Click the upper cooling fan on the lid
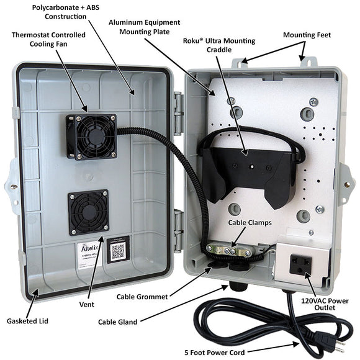(92, 137)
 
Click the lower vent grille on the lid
(88, 212)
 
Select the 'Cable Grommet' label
(142, 297)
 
